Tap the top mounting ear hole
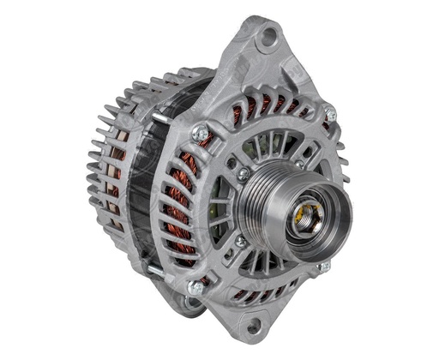click(270, 35)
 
